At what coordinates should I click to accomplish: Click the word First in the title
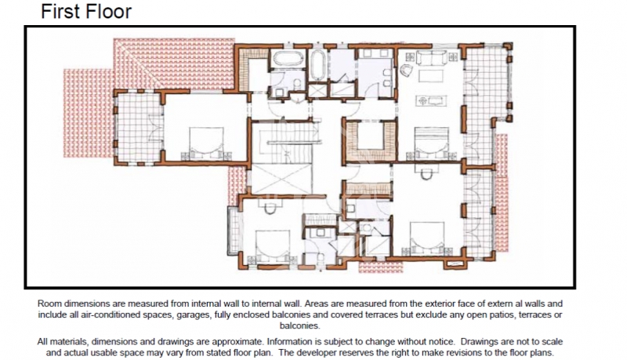click(60, 11)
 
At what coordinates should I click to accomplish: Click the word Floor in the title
click(107, 11)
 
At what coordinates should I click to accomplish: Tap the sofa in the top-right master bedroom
click(432, 57)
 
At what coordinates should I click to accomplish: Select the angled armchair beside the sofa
click(407, 71)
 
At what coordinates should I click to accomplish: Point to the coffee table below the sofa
click(430, 75)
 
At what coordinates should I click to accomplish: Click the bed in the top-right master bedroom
click(431, 143)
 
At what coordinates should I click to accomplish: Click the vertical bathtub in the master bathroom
click(318, 65)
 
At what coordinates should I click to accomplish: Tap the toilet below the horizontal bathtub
click(297, 84)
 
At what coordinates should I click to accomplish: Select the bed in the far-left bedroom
click(206, 143)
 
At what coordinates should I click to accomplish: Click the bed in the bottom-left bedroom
click(273, 245)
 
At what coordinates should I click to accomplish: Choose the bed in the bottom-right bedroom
click(427, 238)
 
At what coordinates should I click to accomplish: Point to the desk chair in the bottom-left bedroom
click(270, 207)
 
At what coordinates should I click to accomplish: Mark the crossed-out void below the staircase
click(281, 179)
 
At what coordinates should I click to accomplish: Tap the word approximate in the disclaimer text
click(237, 342)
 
